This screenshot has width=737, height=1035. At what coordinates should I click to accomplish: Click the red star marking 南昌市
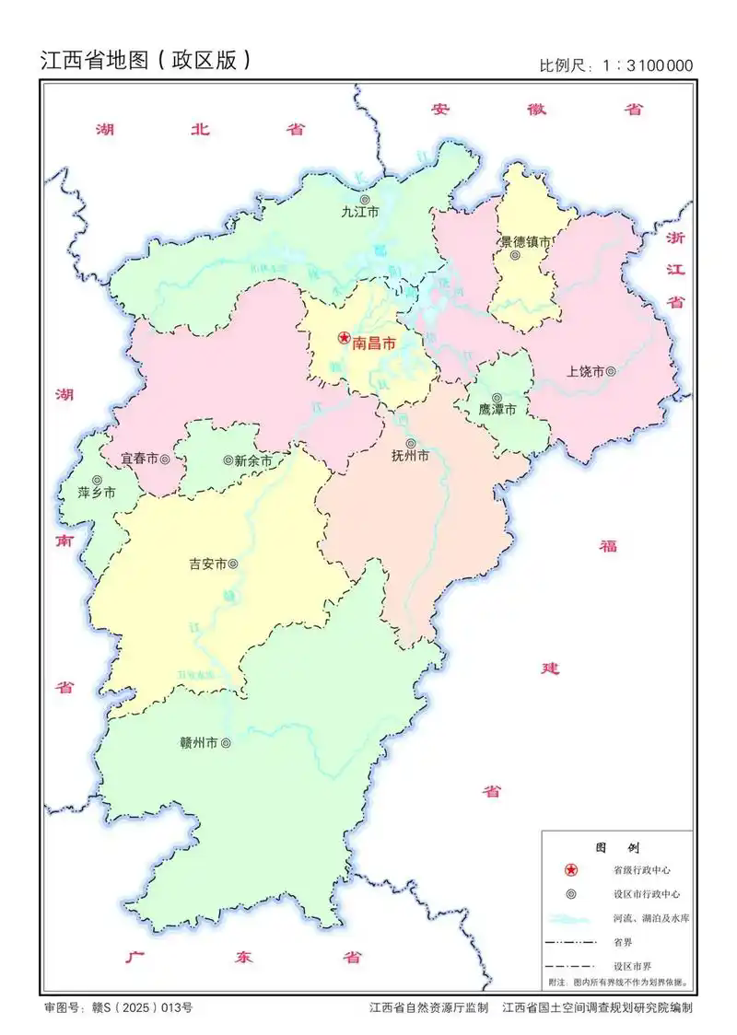[x=343, y=339]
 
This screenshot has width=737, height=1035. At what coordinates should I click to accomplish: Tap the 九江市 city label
[x=360, y=212]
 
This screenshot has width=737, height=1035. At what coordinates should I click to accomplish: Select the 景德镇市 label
[x=525, y=242]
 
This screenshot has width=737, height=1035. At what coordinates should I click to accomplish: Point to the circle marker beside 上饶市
[x=610, y=371]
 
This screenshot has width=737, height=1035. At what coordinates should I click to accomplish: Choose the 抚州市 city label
[x=410, y=455]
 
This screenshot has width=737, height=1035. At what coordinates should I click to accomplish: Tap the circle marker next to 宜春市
[x=164, y=459]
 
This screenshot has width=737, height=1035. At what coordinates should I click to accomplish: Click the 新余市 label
[x=253, y=460]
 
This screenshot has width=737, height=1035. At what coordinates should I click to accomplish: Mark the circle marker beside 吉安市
[x=233, y=564]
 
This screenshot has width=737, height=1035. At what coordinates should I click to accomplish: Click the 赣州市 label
[x=199, y=742]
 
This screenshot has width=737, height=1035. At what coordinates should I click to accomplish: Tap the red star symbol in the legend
[x=571, y=870]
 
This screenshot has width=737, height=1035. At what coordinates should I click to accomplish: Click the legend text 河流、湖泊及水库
[x=648, y=919]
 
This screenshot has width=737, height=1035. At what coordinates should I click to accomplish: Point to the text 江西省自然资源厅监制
[x=428, y=1008]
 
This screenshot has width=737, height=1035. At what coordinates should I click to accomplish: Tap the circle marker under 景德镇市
[x=517, y=257]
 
